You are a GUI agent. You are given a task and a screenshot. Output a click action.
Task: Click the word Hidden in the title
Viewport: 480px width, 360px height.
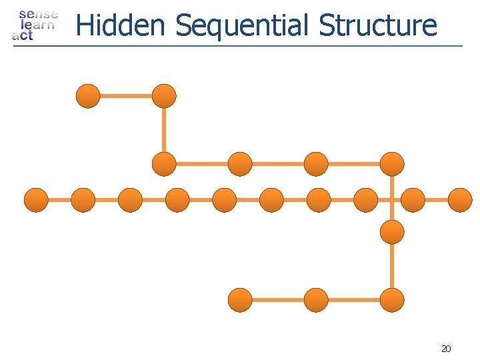(x=120, y=25)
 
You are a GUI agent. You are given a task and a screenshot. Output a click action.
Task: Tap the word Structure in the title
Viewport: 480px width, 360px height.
(x=378, y=25)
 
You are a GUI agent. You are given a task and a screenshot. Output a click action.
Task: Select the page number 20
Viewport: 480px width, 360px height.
(x=446, y=348)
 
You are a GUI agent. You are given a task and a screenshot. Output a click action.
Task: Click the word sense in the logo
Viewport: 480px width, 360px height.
(x=38, y=13)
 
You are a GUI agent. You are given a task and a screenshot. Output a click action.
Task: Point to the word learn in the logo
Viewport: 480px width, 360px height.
(x=37, y=25)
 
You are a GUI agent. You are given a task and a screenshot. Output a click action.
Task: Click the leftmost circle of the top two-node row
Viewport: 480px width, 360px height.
(x=88, y=96)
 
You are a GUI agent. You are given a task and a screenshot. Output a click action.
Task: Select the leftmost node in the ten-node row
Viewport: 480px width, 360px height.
(x=36, y=200)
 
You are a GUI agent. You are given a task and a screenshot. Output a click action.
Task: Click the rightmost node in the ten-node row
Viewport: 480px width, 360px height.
(x=460, y=200)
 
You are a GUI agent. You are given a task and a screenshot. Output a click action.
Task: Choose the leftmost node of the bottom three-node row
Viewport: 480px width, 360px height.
(x=240, y=300)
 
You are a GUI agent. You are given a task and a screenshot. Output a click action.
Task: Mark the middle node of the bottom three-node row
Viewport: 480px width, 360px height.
(x=316, y=300)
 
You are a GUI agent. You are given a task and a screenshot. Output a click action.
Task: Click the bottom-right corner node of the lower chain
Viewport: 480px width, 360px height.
(x=392, y=300)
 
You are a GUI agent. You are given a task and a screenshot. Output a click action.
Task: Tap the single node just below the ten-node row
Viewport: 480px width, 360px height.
(x=392, y=232)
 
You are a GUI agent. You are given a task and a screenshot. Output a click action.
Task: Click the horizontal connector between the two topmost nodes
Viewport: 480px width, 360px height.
(x=126, y=96)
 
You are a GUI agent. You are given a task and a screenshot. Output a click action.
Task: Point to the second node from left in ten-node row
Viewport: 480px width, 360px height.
(x=83, y=200)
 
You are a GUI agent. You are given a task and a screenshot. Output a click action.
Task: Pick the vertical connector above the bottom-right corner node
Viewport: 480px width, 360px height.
(x=392, y=267)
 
